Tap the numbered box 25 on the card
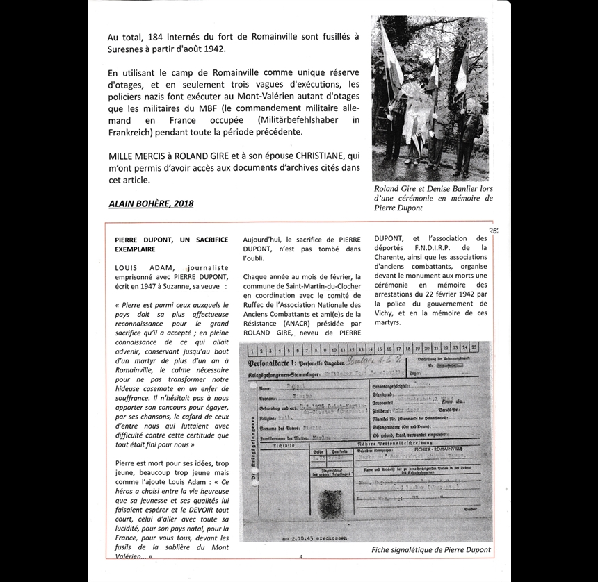tap(473, 347)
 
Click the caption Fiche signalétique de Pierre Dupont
tap(431, 549)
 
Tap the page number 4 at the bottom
tap(300, 556)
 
